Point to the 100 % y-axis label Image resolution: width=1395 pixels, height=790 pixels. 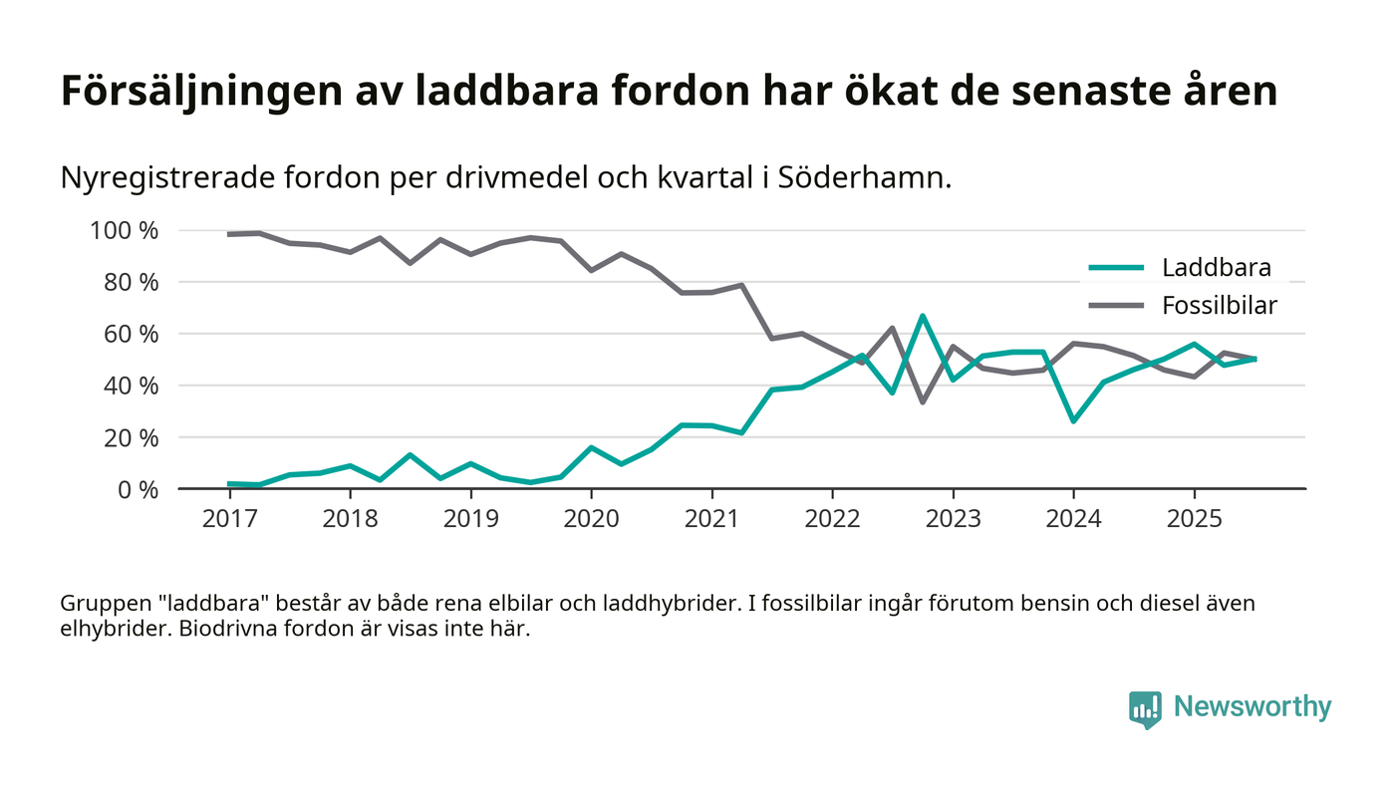click(x=125, y=231)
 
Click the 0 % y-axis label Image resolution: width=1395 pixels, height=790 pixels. click(x=135, y=489)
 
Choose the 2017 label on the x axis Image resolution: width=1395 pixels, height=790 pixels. click(x=229, y=520)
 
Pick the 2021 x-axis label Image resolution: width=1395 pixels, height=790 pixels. click(x=711, y=520)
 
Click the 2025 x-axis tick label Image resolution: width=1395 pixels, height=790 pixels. click(x=1194, y=520)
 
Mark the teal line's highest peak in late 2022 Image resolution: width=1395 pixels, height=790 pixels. click(x=923, y=317)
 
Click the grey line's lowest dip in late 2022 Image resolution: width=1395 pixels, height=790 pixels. click(x=923, y=401)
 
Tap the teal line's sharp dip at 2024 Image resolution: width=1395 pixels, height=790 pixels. click(x=1073, y=420)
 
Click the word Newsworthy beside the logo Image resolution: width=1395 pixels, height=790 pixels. click(x=1253, y=707)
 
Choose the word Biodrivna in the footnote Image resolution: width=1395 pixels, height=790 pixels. click(x=222, y=631)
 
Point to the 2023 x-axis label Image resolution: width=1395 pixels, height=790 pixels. click(x=953, y=520)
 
